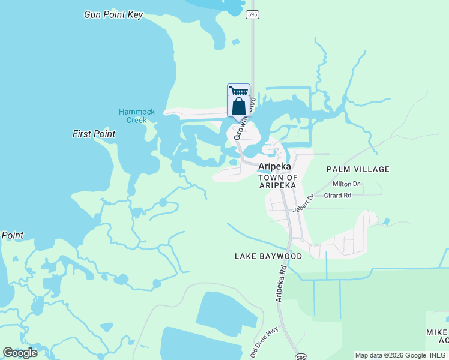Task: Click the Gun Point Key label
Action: pos(113,14)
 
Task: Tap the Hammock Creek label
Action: pos(137,116)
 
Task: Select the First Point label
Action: pos(94,134)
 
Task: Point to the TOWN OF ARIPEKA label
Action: pos(277,181)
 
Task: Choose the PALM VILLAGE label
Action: pos(358,169)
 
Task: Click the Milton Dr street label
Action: pos(346,184)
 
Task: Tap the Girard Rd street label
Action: pos(337,196)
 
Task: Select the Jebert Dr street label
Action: pos(303,203)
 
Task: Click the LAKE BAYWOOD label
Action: pos(268,256)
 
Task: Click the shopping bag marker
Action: pos(238,106)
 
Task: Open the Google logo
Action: pos(20,353)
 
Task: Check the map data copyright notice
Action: pos(400,355)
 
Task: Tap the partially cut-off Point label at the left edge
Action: pos(12,235)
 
